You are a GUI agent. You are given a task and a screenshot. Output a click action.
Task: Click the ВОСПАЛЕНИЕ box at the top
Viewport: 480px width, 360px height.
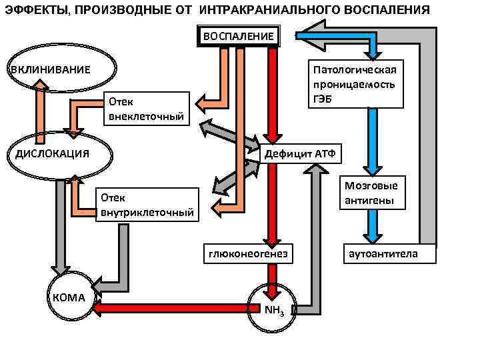[x=238, y=36]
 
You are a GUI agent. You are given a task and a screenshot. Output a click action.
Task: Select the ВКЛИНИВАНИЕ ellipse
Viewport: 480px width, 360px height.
[x=62, y=69]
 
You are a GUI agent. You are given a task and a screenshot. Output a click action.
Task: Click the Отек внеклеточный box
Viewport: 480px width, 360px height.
[x=147, y=109]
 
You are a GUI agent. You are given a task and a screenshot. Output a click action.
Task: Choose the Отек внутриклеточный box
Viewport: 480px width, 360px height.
[x=147, y=205]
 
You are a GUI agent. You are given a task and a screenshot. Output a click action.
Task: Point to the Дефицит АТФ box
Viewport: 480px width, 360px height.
[x=301, y=154]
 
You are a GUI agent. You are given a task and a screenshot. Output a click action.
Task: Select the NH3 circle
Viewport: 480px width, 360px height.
[x=273, y=307]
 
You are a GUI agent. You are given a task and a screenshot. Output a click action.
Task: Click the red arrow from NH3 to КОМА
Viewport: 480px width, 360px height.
[x=173, y=308]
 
